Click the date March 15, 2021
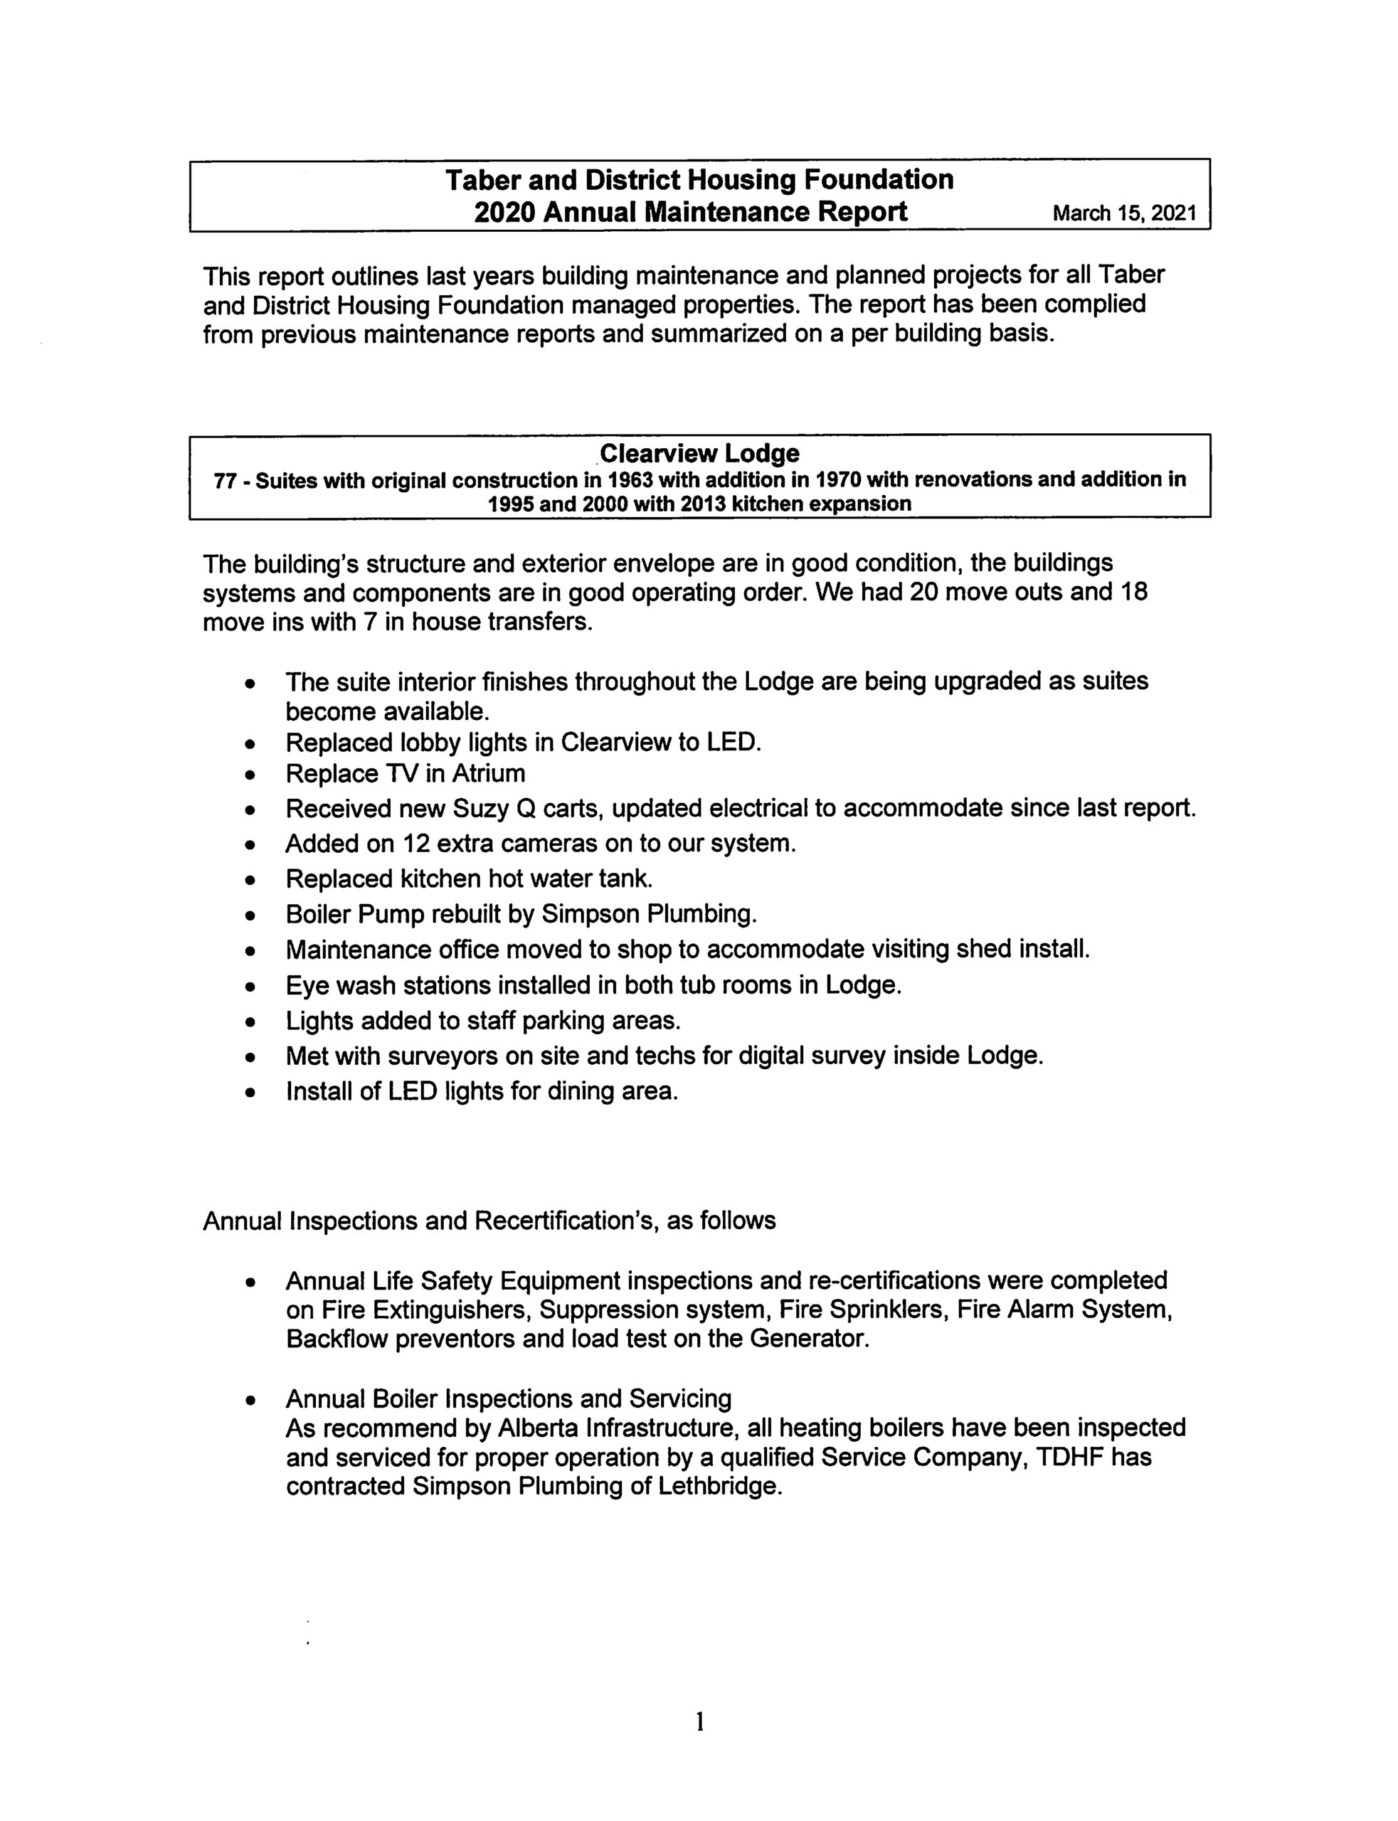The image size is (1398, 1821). pos(1124,214)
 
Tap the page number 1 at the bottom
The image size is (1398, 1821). pos(700,1719)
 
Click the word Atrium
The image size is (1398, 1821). pos(489,774)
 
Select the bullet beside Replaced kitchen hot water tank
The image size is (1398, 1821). pos(249,880)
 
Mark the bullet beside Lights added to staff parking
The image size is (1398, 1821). pos(249,1021)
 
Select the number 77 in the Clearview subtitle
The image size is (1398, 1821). pos(225,481)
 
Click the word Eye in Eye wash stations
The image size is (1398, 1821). pos(305,986)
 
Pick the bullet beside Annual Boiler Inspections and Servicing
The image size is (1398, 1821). pos(249,1401)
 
